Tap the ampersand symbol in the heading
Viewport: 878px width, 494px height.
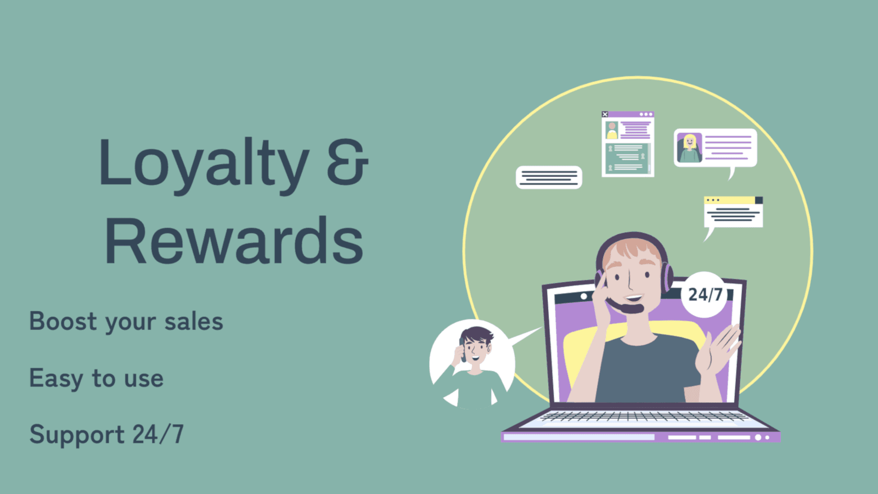(347, 161)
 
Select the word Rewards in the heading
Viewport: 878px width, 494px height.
(234, 240)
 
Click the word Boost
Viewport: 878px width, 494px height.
(63, 321)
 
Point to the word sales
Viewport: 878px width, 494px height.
(194, 322)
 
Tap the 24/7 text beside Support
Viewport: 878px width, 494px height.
(158, 434)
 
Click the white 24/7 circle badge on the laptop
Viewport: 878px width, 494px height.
(705, 294)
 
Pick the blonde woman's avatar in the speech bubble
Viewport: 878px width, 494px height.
(689, 148)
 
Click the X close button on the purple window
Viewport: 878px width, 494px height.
(605, 115)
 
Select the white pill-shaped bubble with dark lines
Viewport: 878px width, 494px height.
(549, 177)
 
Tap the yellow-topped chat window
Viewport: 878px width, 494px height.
(733, 212)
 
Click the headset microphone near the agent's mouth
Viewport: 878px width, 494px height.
(627, 307)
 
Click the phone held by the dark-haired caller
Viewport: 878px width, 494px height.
(463, 350)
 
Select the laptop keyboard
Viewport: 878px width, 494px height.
(643, 417)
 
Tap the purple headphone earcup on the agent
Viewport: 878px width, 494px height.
(667, 277)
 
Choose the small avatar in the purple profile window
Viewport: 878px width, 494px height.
(612, 130)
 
